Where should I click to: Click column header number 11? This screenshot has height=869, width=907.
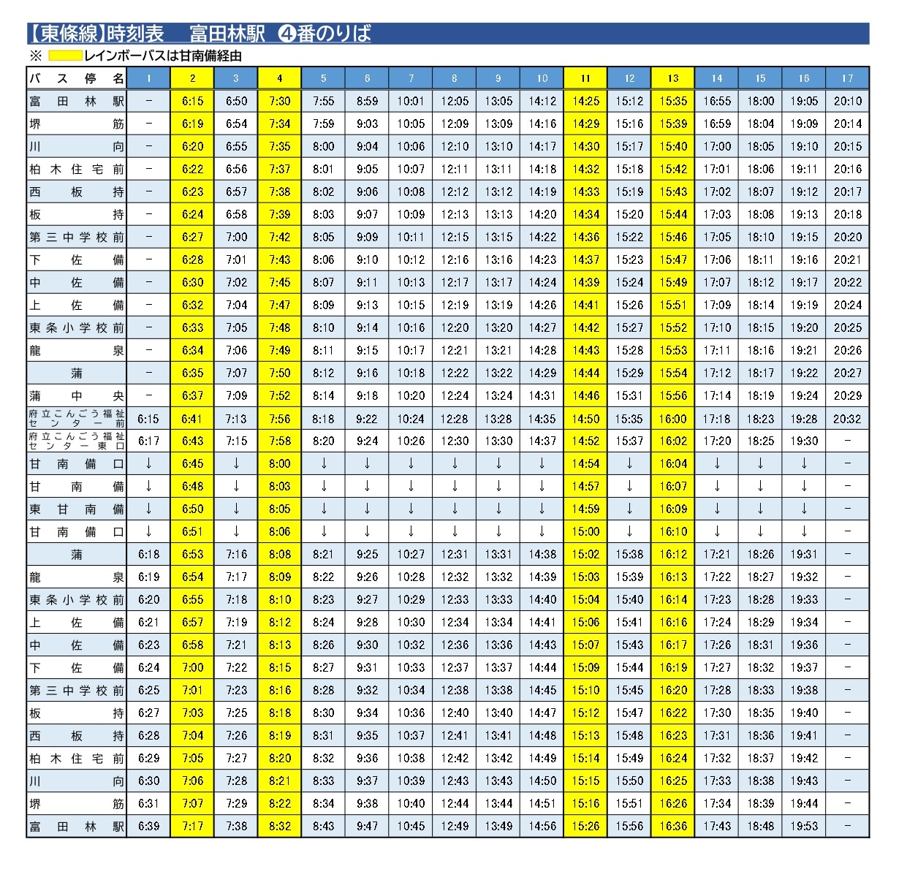(x=585, y=77)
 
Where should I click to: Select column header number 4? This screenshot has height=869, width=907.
(x=279, y=77)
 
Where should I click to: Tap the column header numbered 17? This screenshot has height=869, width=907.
(x=847, y=77)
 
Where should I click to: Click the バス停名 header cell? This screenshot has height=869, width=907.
(x=76, y=77)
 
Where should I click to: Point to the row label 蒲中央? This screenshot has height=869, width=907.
(x=76, y=395)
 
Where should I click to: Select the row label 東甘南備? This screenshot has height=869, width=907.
(x=76, y=509)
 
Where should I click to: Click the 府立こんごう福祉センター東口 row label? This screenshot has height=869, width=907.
(x=76, y=441)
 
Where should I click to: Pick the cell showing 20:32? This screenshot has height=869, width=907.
(x=847, y=419)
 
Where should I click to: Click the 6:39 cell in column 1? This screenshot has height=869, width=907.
(x=148, y=826)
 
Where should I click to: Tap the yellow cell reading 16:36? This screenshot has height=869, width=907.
(x=672, y=826)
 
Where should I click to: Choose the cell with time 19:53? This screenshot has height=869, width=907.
(x=803, y=826)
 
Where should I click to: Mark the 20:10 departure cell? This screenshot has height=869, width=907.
(x=847, y=101)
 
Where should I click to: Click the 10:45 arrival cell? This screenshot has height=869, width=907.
(x=411, y=826)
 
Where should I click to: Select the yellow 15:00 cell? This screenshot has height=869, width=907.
(x=585, y=531)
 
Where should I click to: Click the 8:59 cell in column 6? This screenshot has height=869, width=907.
(x=367, y=101)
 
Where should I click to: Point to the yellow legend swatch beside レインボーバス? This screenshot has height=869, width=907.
(x=64, y=56)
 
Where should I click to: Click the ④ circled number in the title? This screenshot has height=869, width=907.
(x=287, y=34)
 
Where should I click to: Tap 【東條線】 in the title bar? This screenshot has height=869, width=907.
(x=67, y=34)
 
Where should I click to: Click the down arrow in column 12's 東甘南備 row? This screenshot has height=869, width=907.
(x=629, y=509)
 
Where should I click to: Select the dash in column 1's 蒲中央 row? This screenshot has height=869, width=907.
(x=148, y=395)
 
